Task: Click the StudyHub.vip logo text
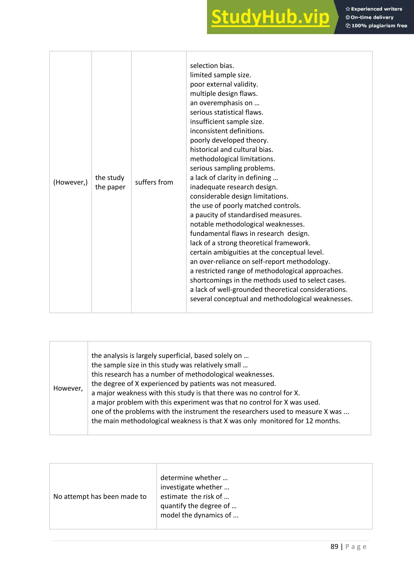coord(270,17)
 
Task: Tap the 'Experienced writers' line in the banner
coord(374,9)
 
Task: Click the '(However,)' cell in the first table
coord(70,182)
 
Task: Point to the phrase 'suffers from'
coord(154,182)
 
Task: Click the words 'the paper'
coord(110,187)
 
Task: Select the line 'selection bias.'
coord(212,66)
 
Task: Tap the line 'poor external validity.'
coord(224,84)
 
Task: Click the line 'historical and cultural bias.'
coord(231,150)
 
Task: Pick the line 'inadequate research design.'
coord(233,187)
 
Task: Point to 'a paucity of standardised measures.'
coord(246,215)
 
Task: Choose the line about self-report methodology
coord(260,262)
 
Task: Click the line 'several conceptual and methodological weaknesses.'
coord(271,299)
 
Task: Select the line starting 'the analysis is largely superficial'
coord(170,356)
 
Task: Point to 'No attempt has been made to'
coord(100,496)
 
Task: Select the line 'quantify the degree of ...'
coord(198,506)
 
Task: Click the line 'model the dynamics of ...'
coord(199,515)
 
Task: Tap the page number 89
coord(334,547)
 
